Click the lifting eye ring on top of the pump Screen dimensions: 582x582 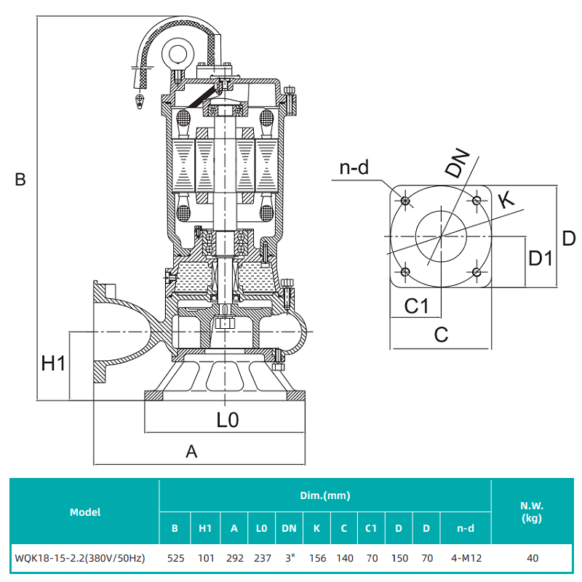click(176, 52)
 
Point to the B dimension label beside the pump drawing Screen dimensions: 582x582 click(20, 179)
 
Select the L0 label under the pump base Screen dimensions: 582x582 click(228, 420)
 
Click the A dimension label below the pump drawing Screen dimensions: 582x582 click(191, 451)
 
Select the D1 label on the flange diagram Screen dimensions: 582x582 click(541, 258)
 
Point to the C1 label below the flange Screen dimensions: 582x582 click(416, 306)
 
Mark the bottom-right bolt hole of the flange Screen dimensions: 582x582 click(476, 271)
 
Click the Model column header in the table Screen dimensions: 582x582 click(85, 511)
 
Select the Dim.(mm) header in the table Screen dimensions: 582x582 click(325, 495)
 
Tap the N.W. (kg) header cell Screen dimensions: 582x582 click(533, 511)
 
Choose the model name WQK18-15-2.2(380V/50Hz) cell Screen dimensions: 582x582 click(80, 559)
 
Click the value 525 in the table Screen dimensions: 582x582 click(175, 559)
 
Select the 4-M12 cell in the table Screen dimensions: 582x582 click(466, 559)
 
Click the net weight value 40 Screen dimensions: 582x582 click(533, 559)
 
